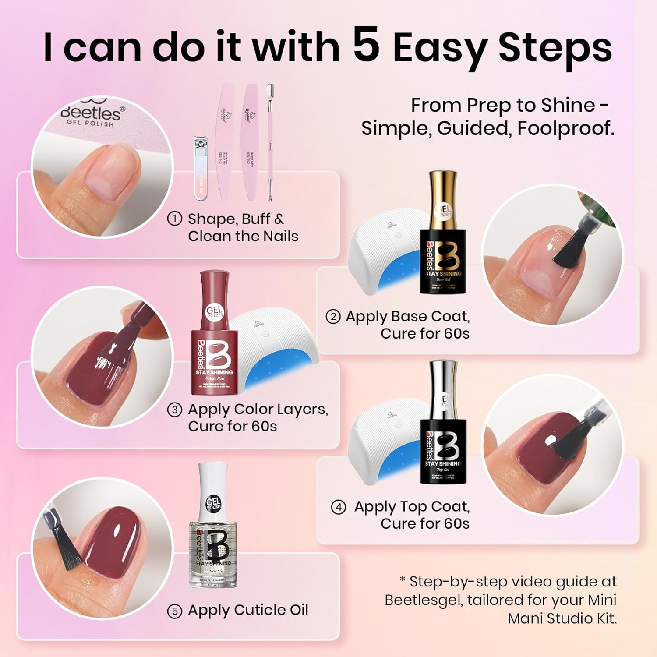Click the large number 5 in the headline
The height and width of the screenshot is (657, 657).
click(366, 45)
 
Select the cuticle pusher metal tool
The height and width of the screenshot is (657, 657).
click(270, 142)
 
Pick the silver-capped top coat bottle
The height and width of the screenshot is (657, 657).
click(443, 425)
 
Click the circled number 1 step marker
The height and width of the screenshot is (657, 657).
click(175, 219)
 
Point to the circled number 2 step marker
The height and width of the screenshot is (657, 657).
click(333, 316)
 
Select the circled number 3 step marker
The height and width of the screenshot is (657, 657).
click(175, 410)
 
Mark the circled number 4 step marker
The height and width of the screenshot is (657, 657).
click(339, 507)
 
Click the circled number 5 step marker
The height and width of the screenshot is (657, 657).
click(175, 611)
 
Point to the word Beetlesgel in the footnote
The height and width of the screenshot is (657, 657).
click(423, 600)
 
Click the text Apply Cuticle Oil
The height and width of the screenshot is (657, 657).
click(248, 610)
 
